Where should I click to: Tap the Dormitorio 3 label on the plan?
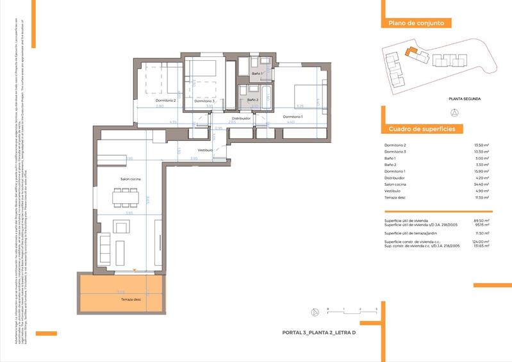(x=204, y=101)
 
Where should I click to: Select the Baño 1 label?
(x=257, y=74)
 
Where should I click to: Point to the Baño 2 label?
(x=252, y=100)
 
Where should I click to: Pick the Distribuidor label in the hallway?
(x=241, y=119)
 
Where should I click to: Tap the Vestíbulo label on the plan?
(x=205, y=150)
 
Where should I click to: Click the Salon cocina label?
(x=131, y=179)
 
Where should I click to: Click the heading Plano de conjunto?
(x=416, y=23)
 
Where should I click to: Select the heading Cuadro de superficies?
(x=422, y=129)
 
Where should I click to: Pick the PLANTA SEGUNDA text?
(x=465, y=99)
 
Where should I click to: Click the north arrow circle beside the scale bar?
(x=315, y=313)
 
